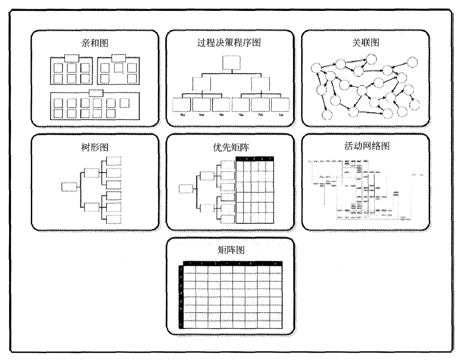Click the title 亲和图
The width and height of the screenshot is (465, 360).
click(95, 43)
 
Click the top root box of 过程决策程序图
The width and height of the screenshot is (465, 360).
click(230, 63)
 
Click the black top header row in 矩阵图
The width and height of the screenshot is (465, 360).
click(232, 263)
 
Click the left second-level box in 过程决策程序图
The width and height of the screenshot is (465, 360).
click(201, 84)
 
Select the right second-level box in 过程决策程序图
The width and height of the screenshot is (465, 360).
click(260, 84)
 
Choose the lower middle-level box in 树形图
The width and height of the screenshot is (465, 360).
click(91, 207)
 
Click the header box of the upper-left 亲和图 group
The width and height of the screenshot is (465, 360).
click(72, 58)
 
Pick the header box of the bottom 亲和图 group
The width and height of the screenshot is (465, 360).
click(96, 93)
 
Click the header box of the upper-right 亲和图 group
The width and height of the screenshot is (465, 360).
click(118, 58)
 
